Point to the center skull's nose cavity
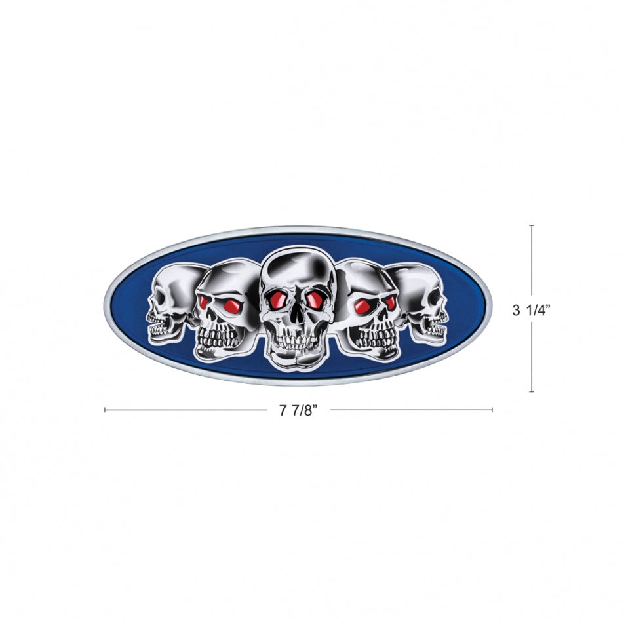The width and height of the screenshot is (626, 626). (296, 315)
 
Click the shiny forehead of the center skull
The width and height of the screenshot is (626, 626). (296, 269)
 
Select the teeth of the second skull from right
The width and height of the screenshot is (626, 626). (374, 338)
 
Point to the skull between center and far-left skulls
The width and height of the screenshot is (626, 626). (223, 308)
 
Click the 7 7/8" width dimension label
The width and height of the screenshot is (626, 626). (298, 412)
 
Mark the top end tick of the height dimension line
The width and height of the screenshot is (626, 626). (531, 226)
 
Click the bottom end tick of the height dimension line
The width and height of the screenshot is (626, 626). (531, 391)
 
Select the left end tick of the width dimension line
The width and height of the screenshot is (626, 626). (106, 410)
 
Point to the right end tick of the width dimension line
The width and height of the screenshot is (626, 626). (492, 410)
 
